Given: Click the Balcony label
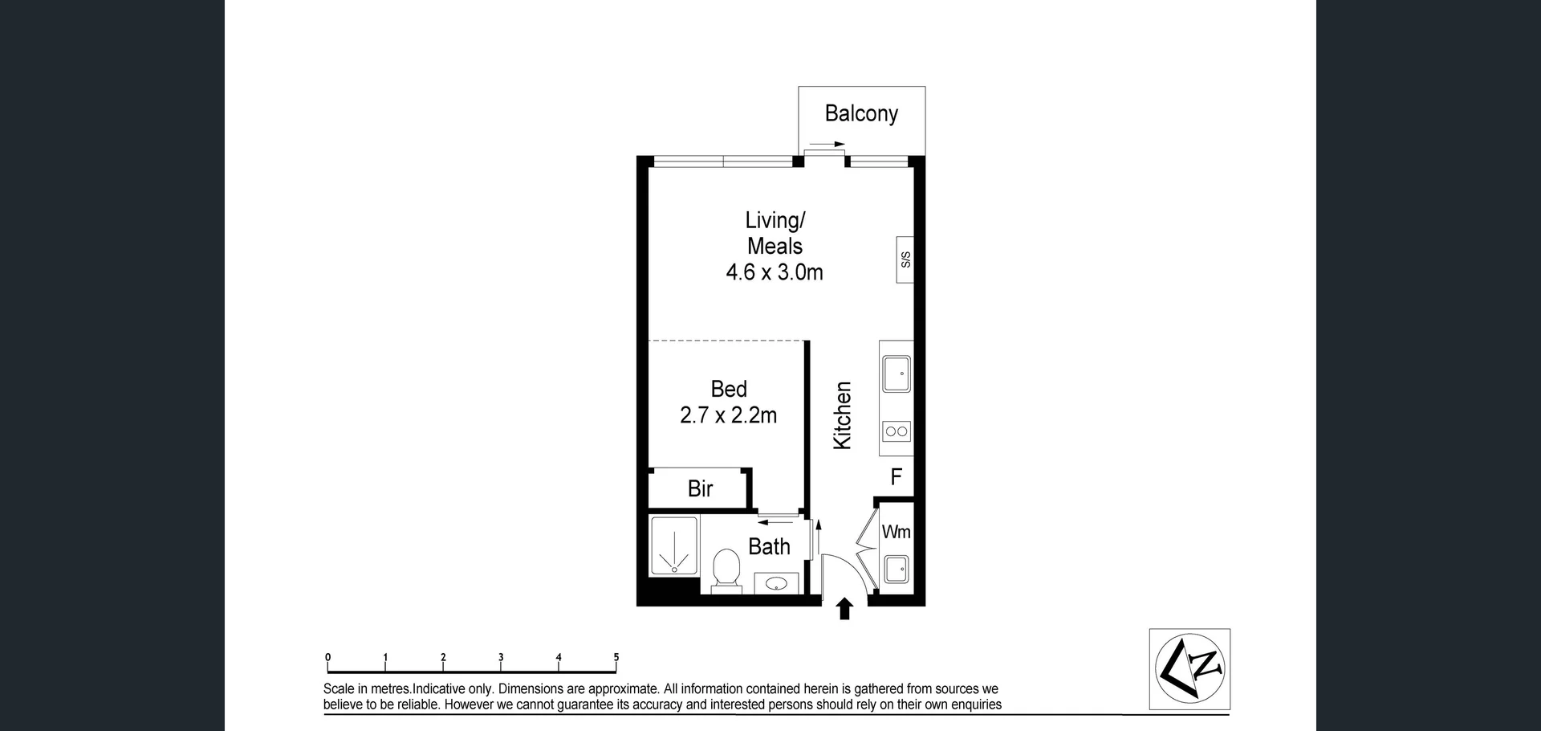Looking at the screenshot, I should coord(860,113).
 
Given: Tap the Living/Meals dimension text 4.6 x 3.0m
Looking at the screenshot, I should coord(774,272).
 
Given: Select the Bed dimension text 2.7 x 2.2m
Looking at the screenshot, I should coord(728,415).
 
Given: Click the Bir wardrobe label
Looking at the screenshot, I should coord(700,488).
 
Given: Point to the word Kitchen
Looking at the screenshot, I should coord(842,415).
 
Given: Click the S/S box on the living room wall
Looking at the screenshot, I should coord(905,259).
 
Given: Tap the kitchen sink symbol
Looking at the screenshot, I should coord(896,374).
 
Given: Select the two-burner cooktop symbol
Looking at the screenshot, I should coord(896,431).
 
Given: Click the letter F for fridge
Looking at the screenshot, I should coord(897,477).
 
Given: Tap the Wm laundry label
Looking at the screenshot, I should coord(896,532).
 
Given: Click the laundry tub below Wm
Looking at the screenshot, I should coord(896,570).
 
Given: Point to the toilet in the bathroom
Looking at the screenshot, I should coord(726,569).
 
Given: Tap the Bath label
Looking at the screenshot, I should coord(769,547).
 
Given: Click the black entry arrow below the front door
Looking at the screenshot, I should coord(844,609).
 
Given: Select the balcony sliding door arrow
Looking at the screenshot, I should coord(827,145).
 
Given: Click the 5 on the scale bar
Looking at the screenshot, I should coord(616,657).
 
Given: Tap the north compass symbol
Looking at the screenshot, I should coord(1189,669).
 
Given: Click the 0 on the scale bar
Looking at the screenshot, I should coord(327,657).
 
